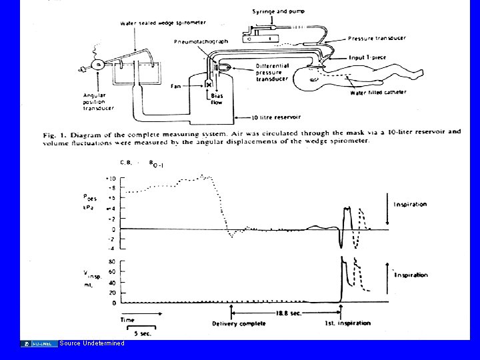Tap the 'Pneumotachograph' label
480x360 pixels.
[x=201, y=41]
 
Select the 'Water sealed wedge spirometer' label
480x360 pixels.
[x=151, y=24]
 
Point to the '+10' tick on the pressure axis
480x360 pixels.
[x=111, y=178]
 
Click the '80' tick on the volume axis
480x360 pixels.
[x=111, y=261]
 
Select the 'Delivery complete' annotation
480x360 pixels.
[x=239, y=323]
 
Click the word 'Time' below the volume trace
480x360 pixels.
[x=127, y=320]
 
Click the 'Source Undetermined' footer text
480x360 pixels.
[x=91, y=343]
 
